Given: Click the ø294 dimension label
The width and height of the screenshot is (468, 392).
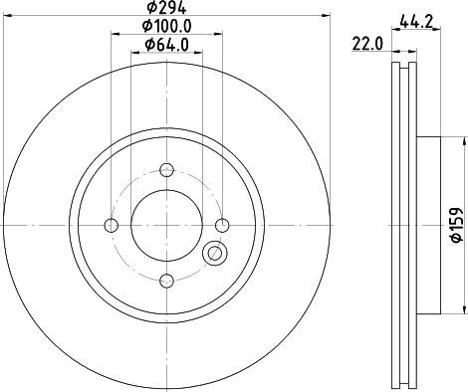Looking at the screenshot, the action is pos(166,7).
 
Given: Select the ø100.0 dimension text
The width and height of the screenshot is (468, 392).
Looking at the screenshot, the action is pos(167,26).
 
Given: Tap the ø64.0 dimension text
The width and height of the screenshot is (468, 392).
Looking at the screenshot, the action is pos(166,45).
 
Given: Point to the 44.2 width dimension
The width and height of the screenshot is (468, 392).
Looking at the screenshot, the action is pos(416,22).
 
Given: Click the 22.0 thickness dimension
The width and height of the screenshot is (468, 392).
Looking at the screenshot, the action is pos(367,44).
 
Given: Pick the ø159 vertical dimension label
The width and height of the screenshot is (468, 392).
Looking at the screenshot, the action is pos(458,225).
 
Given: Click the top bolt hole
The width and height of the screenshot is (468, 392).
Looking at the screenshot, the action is pos(166,170).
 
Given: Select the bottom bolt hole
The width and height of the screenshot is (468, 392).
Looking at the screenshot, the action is pos(166,281).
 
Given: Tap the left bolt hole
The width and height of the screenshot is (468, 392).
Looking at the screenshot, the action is pos(112,226).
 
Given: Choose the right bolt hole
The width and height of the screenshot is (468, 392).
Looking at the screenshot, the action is pos(222,226).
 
